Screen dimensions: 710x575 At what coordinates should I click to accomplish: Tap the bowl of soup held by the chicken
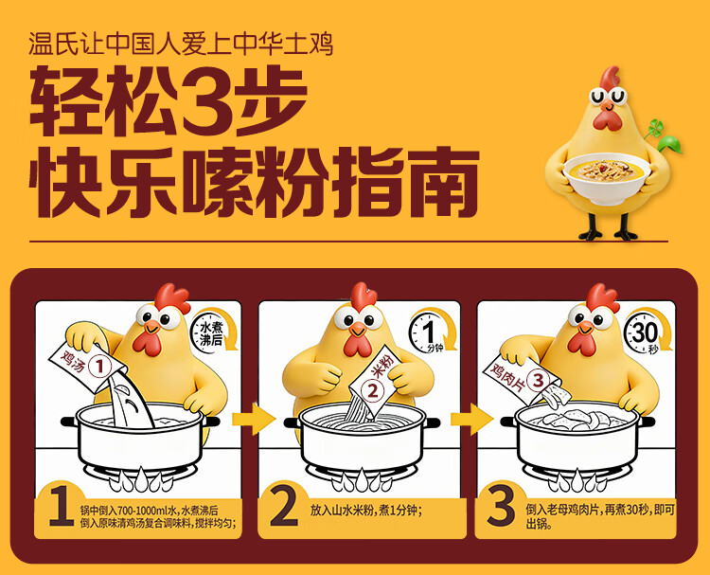[x=607, y=178]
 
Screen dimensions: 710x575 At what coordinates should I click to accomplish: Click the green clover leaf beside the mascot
[x=664, y=135]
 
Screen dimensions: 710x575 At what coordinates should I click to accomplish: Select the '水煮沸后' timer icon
[x=214, y=330]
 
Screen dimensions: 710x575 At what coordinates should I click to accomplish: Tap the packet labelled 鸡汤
[x=87, y=366]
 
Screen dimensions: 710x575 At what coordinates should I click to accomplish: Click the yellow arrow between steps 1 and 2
[x=254, y=419]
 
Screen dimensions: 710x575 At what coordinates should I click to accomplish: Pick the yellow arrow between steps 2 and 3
[x=471, y=419]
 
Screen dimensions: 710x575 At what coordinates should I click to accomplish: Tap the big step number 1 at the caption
[x=62, y=507]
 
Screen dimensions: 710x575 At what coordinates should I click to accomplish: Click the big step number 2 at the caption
[x=284, y=506]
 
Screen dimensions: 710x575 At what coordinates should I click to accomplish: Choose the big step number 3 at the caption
[x=501, y=506]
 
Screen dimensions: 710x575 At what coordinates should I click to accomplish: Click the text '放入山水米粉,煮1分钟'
[x=364, y=511]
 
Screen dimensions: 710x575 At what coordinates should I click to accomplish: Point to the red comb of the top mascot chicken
[x=610, y=77]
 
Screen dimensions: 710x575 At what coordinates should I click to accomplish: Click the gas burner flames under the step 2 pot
[x=362, y=480]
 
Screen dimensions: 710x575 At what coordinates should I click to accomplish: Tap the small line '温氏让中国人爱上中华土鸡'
[x=181, y=44]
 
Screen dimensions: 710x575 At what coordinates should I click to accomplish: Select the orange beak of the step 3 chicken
[x=585, y=327]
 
